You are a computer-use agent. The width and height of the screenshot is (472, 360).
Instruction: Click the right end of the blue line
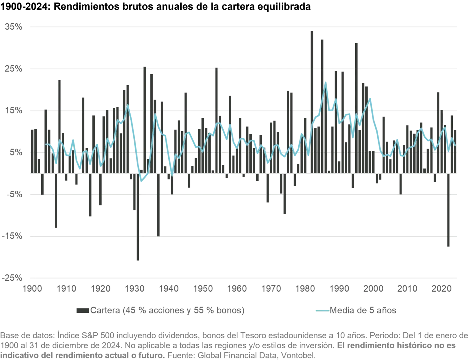455,145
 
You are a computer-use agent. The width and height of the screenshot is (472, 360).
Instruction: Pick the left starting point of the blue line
46,144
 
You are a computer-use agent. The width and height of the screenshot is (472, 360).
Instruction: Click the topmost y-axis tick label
13,27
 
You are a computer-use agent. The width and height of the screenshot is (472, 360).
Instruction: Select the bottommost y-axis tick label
13,278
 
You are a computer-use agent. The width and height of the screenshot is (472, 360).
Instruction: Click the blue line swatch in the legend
321,311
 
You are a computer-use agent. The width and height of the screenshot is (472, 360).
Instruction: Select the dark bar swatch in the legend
83,311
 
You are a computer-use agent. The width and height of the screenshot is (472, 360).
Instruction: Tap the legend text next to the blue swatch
363,311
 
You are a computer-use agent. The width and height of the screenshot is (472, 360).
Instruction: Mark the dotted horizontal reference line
242,153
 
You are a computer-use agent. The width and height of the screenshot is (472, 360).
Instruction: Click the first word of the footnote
11,335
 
